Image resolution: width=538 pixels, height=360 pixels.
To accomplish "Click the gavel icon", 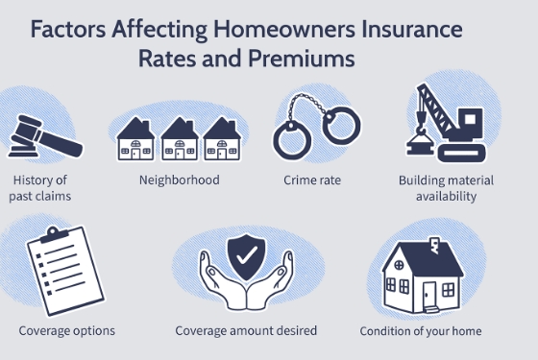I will pyautogui.click(x=42, y=135).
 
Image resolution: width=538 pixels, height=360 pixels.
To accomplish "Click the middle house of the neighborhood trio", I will pyautogui.click(x=179, y=139).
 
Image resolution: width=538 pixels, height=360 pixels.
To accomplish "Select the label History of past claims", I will pyautogui.click(x=42, y=188).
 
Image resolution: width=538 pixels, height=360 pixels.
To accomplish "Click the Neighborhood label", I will pyautogui.click(x=180, y=180).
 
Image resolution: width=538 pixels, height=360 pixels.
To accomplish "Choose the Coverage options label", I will pyautogui.click(x=67, y=330).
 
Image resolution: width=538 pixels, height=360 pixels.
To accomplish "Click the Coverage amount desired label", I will pyautogui.click(x=246, y=330).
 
